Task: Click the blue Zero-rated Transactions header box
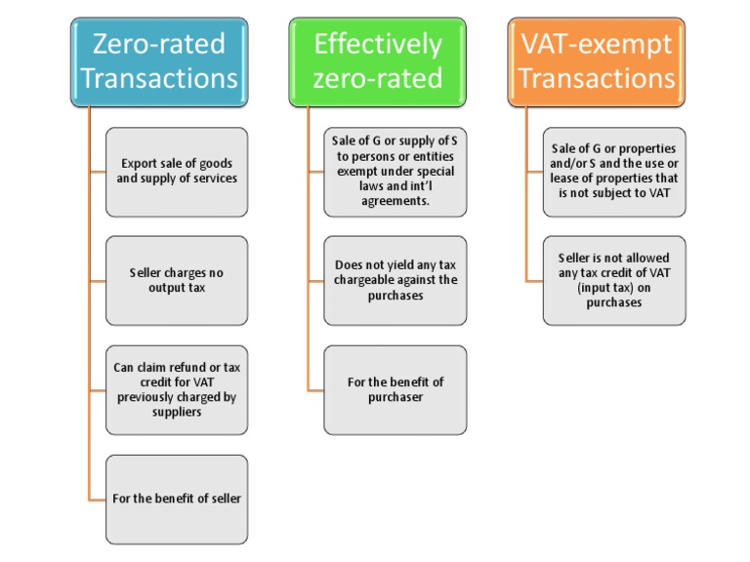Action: [159, 60]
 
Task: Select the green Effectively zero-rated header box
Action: [377, 60]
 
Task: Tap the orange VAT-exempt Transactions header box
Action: [596, 60]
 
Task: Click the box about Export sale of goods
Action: [177, 171]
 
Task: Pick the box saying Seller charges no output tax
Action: [177, 280]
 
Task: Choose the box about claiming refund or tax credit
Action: [177, 389]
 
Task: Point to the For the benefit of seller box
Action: [177, 499]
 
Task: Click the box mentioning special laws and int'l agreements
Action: [395, 171]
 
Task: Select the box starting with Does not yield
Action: [395, 280]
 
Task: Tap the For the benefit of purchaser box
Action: [395, 389]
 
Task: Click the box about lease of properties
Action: [613, 171]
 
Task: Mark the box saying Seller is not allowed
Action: [613, 280]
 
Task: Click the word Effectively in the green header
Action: [377, 44]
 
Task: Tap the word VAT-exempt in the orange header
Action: [596, 44]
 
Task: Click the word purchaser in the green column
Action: [395, 397]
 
